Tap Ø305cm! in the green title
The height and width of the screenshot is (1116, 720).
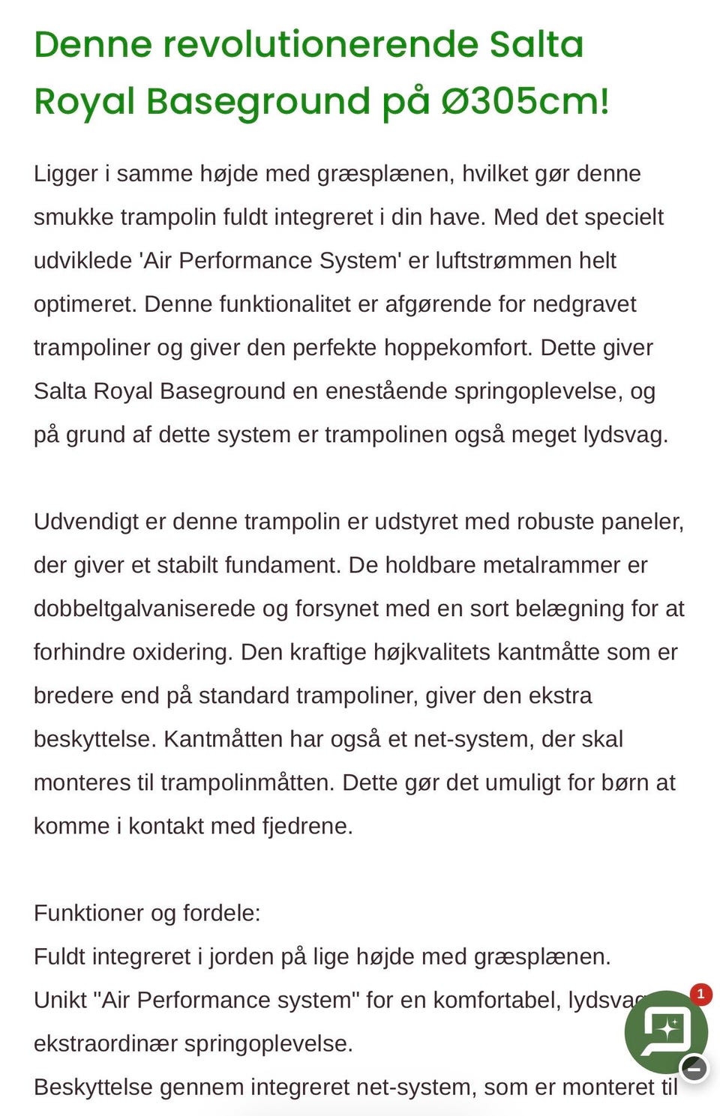coord(525,101)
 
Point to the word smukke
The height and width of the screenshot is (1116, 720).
coord(73,217)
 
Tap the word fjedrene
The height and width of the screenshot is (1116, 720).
coord(307,826)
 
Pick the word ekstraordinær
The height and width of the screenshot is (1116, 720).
coord(106,1043)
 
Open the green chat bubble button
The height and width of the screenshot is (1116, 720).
coord(664,1031)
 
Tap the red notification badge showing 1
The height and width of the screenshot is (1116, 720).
coord(700,995)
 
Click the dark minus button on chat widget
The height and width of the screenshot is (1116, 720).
coord(694,1068)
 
